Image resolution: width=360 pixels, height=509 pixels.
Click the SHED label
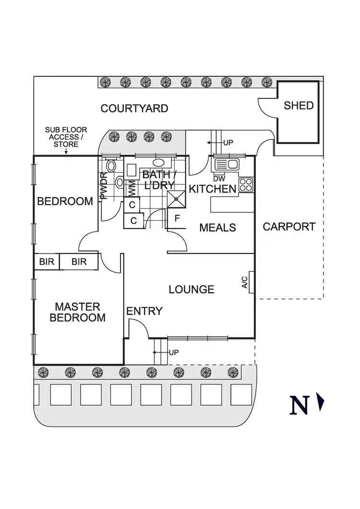(299, 106)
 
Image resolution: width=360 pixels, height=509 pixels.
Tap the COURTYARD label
(134, 109)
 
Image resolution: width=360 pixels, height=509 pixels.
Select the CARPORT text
(289, 227)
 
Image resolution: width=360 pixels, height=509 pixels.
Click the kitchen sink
(226, 164)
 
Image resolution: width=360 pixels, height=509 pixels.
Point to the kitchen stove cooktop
(246, 185)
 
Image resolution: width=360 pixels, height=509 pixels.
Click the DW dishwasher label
(219, 179)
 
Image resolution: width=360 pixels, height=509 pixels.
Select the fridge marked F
(177, 218)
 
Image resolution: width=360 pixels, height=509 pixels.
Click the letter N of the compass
(300, 405)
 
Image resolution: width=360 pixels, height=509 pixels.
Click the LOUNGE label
(192, 290)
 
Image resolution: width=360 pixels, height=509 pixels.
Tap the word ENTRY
(144, 311)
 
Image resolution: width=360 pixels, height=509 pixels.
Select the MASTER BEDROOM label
(77, 312)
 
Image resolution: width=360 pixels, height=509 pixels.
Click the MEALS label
(217, 227)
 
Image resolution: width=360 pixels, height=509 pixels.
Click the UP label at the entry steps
(174, 352)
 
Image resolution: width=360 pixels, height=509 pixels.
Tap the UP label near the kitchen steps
(228, 143)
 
